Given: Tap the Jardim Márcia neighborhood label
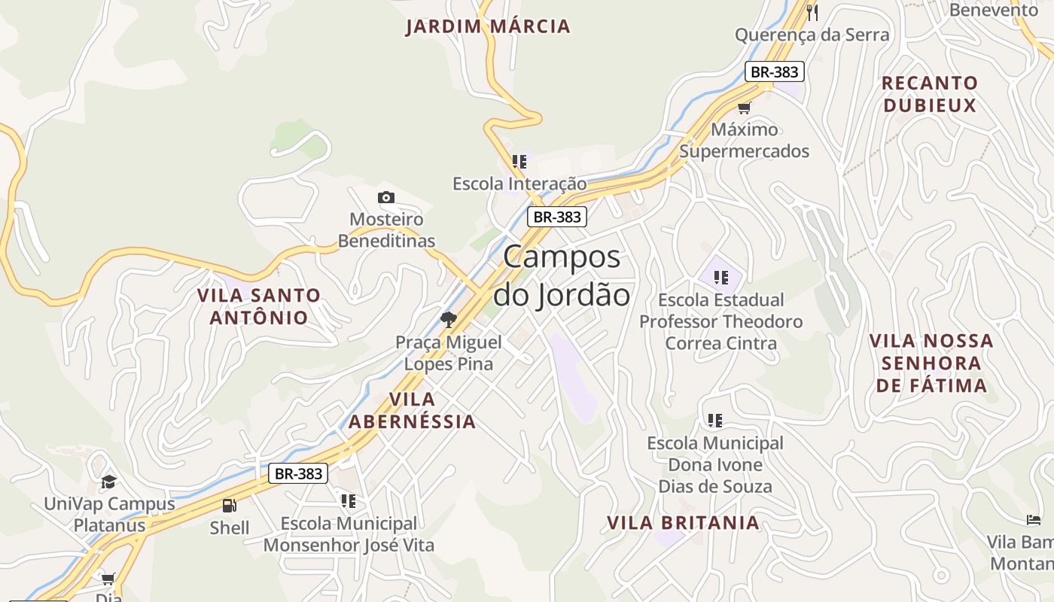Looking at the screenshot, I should click(488, 27).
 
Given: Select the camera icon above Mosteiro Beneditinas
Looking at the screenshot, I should click(386, 198).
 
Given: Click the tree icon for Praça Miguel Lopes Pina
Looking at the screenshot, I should click(449, 319).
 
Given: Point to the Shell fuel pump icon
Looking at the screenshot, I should click(230, 506).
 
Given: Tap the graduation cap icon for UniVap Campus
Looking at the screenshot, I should click(109, 482).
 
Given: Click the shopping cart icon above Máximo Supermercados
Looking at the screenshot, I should click(745, 108).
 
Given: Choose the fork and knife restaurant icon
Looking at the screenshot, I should click(812, 12).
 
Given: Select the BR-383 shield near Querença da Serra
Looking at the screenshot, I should click(775, 71).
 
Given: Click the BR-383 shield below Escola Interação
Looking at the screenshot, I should click(556, 217).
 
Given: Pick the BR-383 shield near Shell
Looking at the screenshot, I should click(298, 473).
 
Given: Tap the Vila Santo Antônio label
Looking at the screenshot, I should click(259, 306).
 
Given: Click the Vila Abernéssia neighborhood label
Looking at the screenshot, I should click(413, 410).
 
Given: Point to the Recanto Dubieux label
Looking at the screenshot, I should click(930, 94).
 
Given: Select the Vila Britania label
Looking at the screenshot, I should click(683, 522).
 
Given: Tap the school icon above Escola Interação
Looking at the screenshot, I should click(519, 162).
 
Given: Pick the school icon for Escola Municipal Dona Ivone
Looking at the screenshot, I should click(714, 420).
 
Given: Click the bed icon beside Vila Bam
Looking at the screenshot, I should click(1034, 520).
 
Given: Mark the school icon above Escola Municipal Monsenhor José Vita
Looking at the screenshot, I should click(348, 500).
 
